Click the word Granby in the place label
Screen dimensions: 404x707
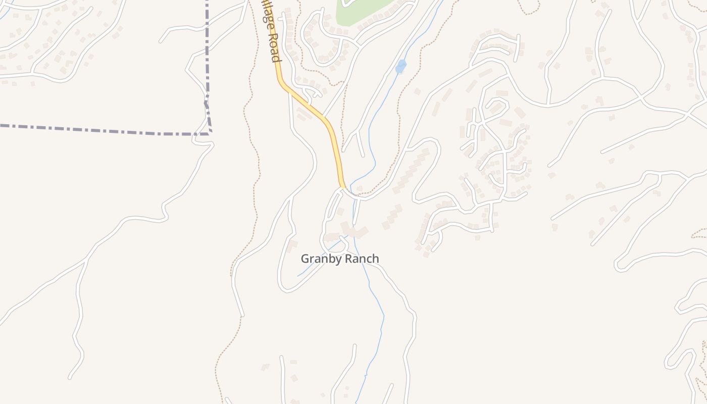[x=321, y=259]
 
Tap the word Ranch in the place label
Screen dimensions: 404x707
[x=360, y=259]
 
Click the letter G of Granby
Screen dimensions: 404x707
[x=305, y=259]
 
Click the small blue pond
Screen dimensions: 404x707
[x=400, y=66]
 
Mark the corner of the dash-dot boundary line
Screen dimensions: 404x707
[x=210, y=133]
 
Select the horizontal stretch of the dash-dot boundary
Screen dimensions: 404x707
[x=101, y=129]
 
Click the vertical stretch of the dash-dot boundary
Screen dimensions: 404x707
[x=207, y=50]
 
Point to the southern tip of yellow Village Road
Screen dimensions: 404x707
[x=342, y=186]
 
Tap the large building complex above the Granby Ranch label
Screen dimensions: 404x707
[x=353, y=231]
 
